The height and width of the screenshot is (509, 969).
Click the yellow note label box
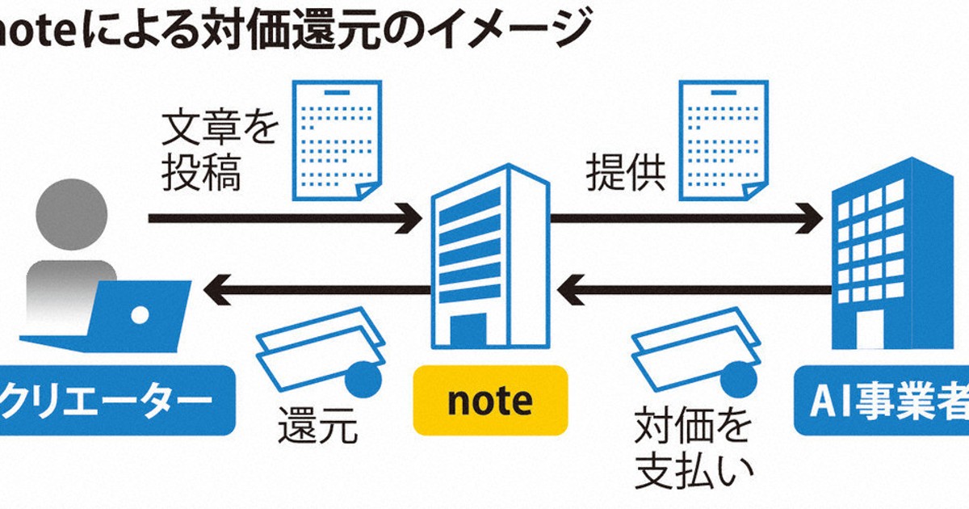490,399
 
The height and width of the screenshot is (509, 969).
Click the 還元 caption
317,426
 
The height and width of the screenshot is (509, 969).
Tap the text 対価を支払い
693,449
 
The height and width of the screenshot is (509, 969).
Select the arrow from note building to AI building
686,218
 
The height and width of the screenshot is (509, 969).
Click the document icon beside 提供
722,139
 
